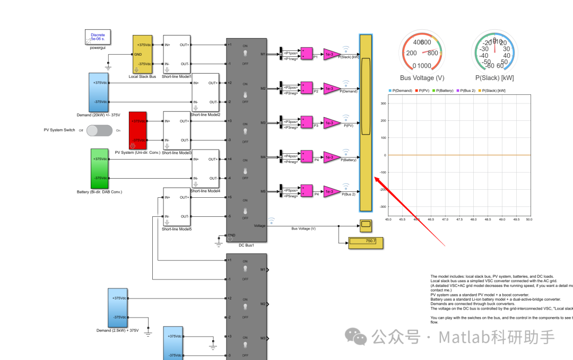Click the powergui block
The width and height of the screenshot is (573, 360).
click(98, 37)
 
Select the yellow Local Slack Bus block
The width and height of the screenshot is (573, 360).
click(142, 54)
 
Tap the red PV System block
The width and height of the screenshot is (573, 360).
click(137, 130)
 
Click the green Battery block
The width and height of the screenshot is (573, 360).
click(99, 168)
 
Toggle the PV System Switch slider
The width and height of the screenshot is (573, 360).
click(100, 130)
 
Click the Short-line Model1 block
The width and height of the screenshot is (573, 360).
click(177, 54)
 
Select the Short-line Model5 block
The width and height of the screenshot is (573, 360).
click(177, 207)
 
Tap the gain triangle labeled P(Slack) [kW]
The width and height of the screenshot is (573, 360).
click(332, 55)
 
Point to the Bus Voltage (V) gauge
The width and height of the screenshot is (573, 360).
click(422, 52)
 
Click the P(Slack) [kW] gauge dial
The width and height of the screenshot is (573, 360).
click(494, 52)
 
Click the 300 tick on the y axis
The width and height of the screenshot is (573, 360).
click(383, 103)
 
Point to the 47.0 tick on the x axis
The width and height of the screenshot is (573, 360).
click(445, 219)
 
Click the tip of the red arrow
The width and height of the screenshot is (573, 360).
click(376, 178)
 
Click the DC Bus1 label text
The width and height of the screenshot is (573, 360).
click(246, 245)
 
